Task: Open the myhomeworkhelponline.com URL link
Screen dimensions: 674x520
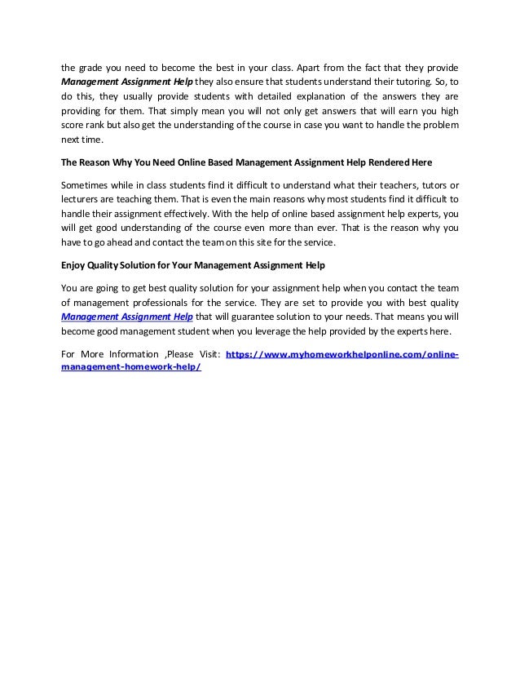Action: click(x=342, y=356)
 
